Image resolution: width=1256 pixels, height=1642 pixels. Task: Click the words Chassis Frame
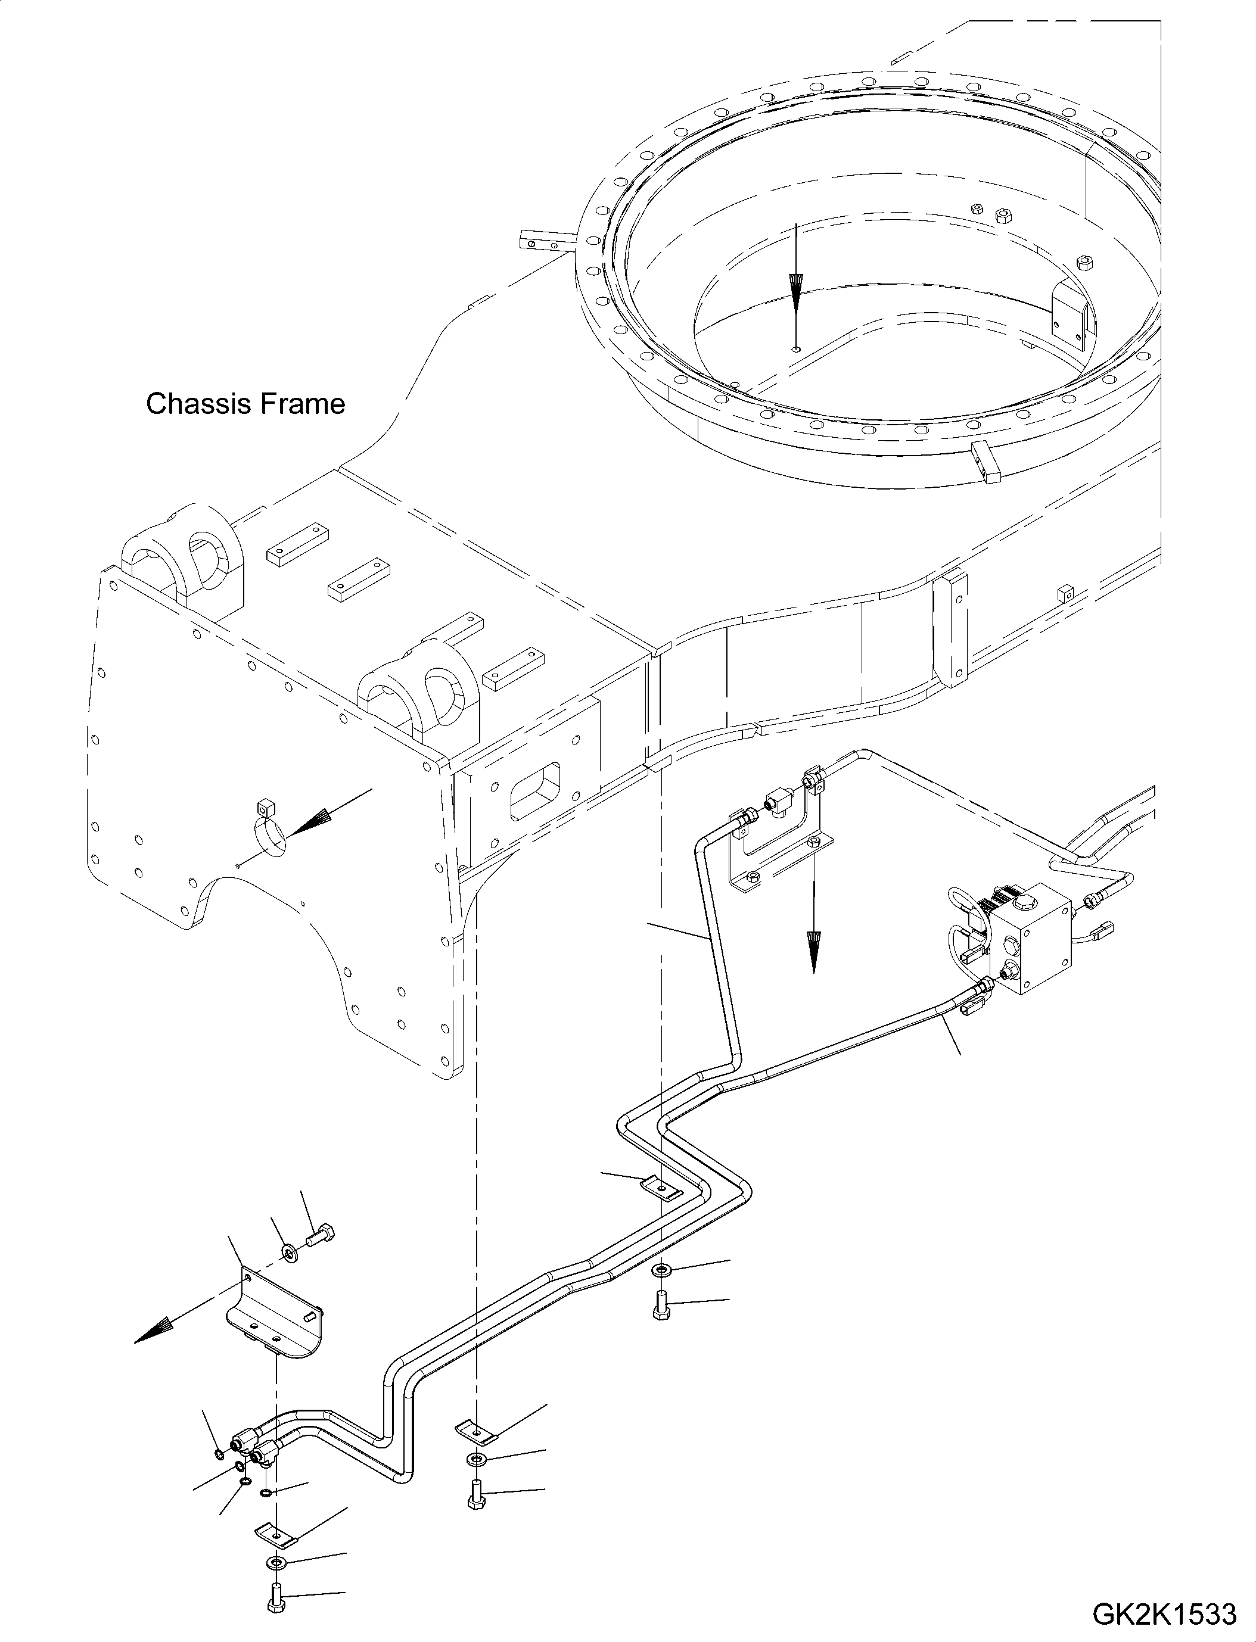coord(245,404)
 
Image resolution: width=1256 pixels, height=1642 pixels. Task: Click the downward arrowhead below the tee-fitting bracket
coord(813,952)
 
